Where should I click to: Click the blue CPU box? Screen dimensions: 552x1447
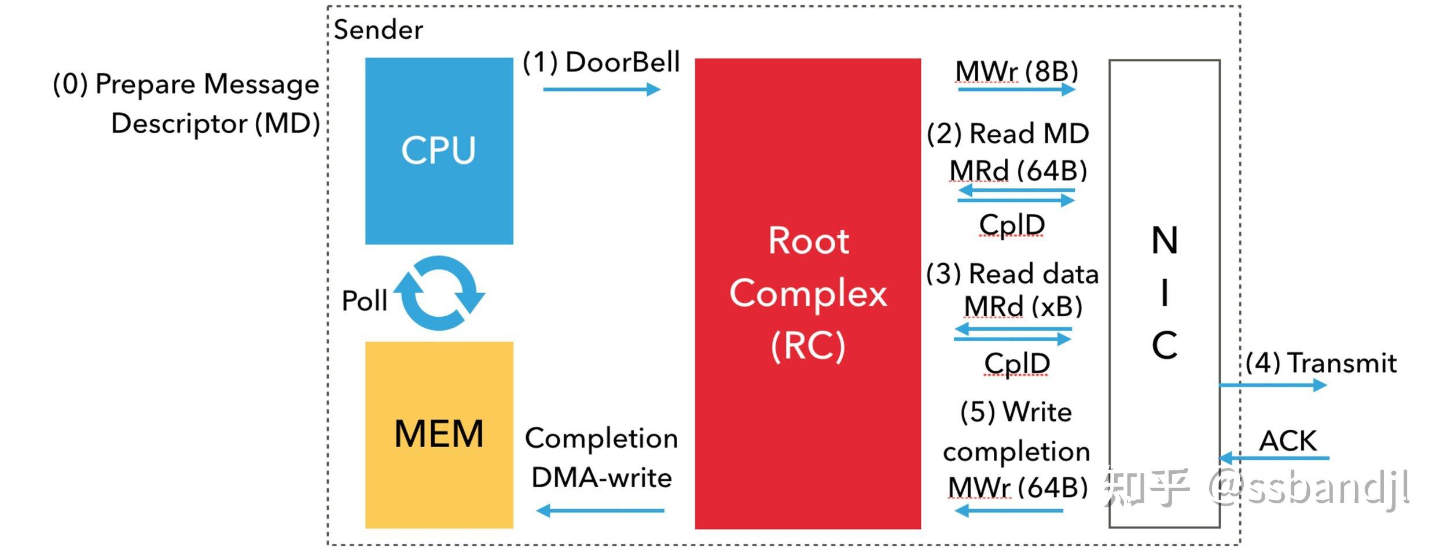[439, 151]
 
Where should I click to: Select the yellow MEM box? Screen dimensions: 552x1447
[439, 434]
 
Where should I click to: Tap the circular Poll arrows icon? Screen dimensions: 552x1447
[440, 293]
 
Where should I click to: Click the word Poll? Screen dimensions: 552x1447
[364, 301]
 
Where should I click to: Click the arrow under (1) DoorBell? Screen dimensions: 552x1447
[601, 89]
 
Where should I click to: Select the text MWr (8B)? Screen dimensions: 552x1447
[1016, 72]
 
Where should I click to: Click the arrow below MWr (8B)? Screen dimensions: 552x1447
[1016, 89]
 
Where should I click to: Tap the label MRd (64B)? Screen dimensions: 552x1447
[1018, 171]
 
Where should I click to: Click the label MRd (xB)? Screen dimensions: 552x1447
[1023, 307]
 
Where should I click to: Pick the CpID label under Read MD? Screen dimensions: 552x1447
[1012, 225]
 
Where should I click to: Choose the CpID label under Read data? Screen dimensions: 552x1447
[1017, 364]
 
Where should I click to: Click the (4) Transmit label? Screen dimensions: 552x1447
[1321, 363]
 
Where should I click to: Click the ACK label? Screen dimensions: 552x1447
[1288, 441]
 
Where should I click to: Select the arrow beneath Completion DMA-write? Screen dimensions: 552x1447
[600, 510]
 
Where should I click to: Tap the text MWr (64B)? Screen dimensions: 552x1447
[1018, 488]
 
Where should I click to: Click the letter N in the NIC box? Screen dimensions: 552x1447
[1165, 240]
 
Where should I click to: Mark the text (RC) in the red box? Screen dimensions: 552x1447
[808, 346]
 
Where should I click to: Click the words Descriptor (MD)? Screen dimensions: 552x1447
[215, 124]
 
